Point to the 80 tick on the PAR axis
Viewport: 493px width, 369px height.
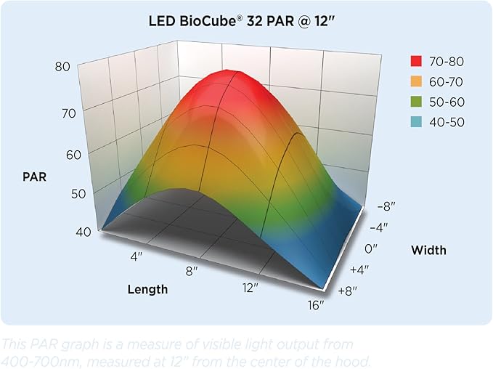(x=62, y=67)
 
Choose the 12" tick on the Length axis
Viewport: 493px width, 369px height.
(x=250, y=288)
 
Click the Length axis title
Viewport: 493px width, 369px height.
(x=147, y=289)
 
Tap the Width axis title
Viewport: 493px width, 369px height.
(x=428, y=251)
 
